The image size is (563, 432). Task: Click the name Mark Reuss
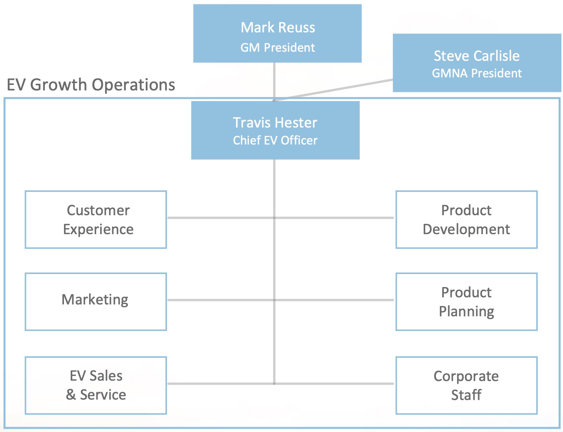(278, 28)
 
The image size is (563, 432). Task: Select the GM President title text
(278, 48)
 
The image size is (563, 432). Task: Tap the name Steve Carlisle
(477, 56)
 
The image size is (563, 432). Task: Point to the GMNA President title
(477, 73)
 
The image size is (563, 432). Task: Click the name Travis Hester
(275, 123)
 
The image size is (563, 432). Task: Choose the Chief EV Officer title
(275, 141)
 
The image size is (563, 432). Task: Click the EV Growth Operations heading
(91, 85)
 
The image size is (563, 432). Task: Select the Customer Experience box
(96, 220)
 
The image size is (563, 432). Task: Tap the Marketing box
(96, 301)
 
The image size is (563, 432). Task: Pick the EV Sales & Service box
(96, 385)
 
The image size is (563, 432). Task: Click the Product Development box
(466, 220)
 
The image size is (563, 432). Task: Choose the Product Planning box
(466, 301)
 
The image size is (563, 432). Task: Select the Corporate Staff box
(466, 385)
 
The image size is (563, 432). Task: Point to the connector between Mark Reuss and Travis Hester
(274, 81)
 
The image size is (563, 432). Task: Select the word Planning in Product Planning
(466, 312)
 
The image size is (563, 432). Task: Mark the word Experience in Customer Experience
(98, 229)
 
